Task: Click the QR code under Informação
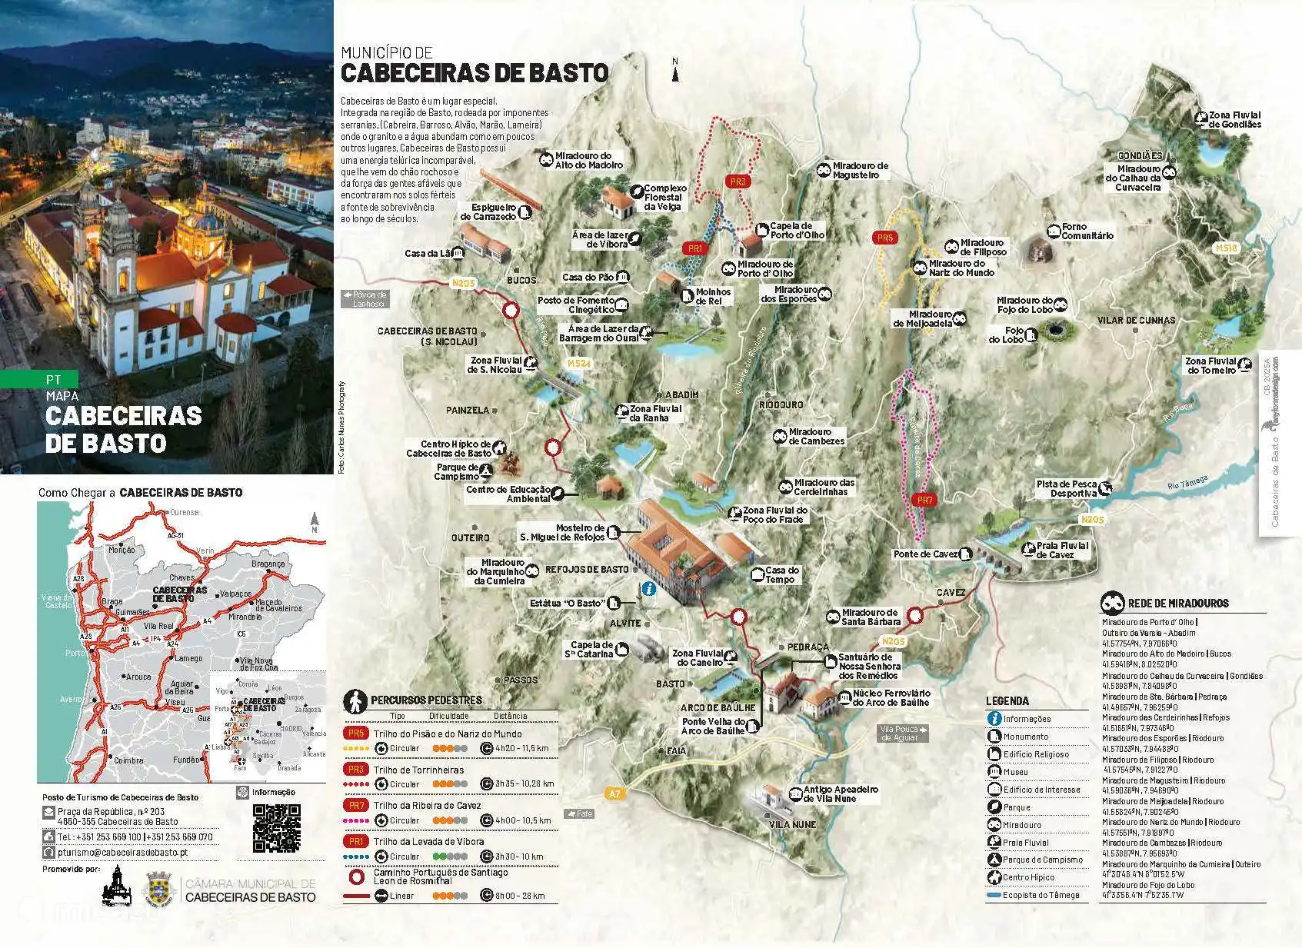point(276,827)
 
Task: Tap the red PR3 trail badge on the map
point(738,182)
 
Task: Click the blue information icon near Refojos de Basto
point(648,589)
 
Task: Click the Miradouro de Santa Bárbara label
point(869,617)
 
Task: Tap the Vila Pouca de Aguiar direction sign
point(904,733)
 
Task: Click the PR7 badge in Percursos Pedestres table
point(356,805)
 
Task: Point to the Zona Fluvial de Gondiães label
point(1234,119)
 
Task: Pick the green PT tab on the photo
point(52,379)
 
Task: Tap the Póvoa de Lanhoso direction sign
point(365,298)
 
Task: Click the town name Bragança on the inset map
point(268,564)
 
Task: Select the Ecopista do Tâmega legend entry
point(1041,895)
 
